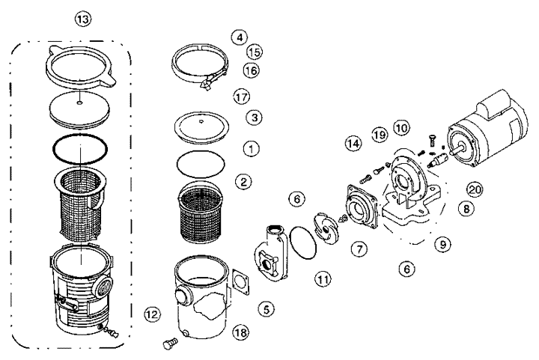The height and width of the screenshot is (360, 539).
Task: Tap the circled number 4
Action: point(238,36)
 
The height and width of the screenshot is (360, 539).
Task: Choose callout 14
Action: point(353,143)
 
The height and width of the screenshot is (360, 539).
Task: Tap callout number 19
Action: point(379,135)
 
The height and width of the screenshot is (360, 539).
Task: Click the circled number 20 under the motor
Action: point(474,189)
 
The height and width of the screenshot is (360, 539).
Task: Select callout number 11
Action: point(323,280)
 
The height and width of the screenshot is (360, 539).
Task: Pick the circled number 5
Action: point(266,308)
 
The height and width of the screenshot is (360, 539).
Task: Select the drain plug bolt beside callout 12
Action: point(168,344)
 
